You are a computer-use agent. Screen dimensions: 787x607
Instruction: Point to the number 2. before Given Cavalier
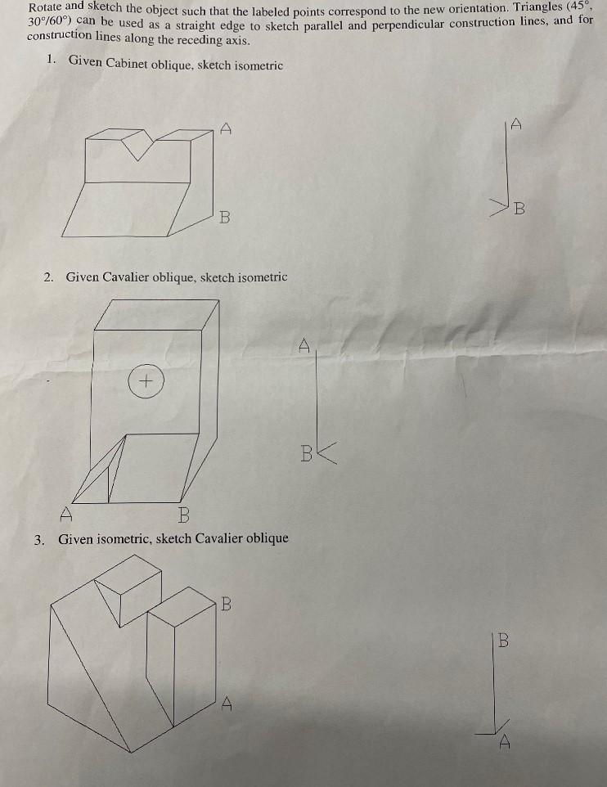point(49,277)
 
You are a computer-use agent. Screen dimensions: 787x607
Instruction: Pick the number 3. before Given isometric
point(39,538)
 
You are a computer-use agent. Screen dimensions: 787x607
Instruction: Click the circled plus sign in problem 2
point(146,380)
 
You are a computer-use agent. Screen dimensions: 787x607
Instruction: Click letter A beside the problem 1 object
point(227,127)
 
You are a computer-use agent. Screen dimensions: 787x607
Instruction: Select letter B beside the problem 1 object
point(224,218)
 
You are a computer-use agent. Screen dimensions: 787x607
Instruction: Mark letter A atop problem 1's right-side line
point(516,124)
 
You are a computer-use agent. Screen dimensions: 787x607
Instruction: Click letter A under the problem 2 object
point(66,515)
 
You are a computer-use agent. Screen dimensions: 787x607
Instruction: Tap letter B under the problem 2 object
point(183,515)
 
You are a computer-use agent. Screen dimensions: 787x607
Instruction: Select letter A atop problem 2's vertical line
point(303,345)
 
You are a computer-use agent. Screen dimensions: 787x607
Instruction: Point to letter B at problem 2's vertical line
point(306,452)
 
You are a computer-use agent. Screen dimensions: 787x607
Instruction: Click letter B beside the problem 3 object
point(227,605)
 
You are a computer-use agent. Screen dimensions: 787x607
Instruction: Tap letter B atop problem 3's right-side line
point(503,641)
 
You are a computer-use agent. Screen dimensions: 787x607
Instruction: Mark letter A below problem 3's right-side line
point(506,743)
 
